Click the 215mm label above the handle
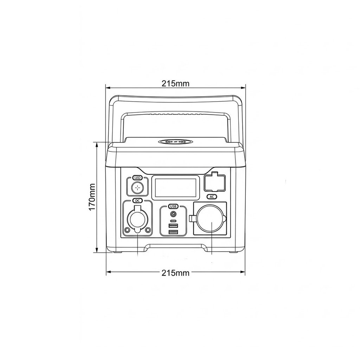click(176, 83)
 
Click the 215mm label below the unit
click(176, 273)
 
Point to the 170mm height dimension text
click(92, 197)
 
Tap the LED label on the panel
click(137, 178)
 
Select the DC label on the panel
click(137, 201)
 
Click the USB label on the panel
click(173, 206)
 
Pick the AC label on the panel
click(212, 197)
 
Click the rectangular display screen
click(176, 187)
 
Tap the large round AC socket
click(211, 219)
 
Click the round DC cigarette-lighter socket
click(137, 220)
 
